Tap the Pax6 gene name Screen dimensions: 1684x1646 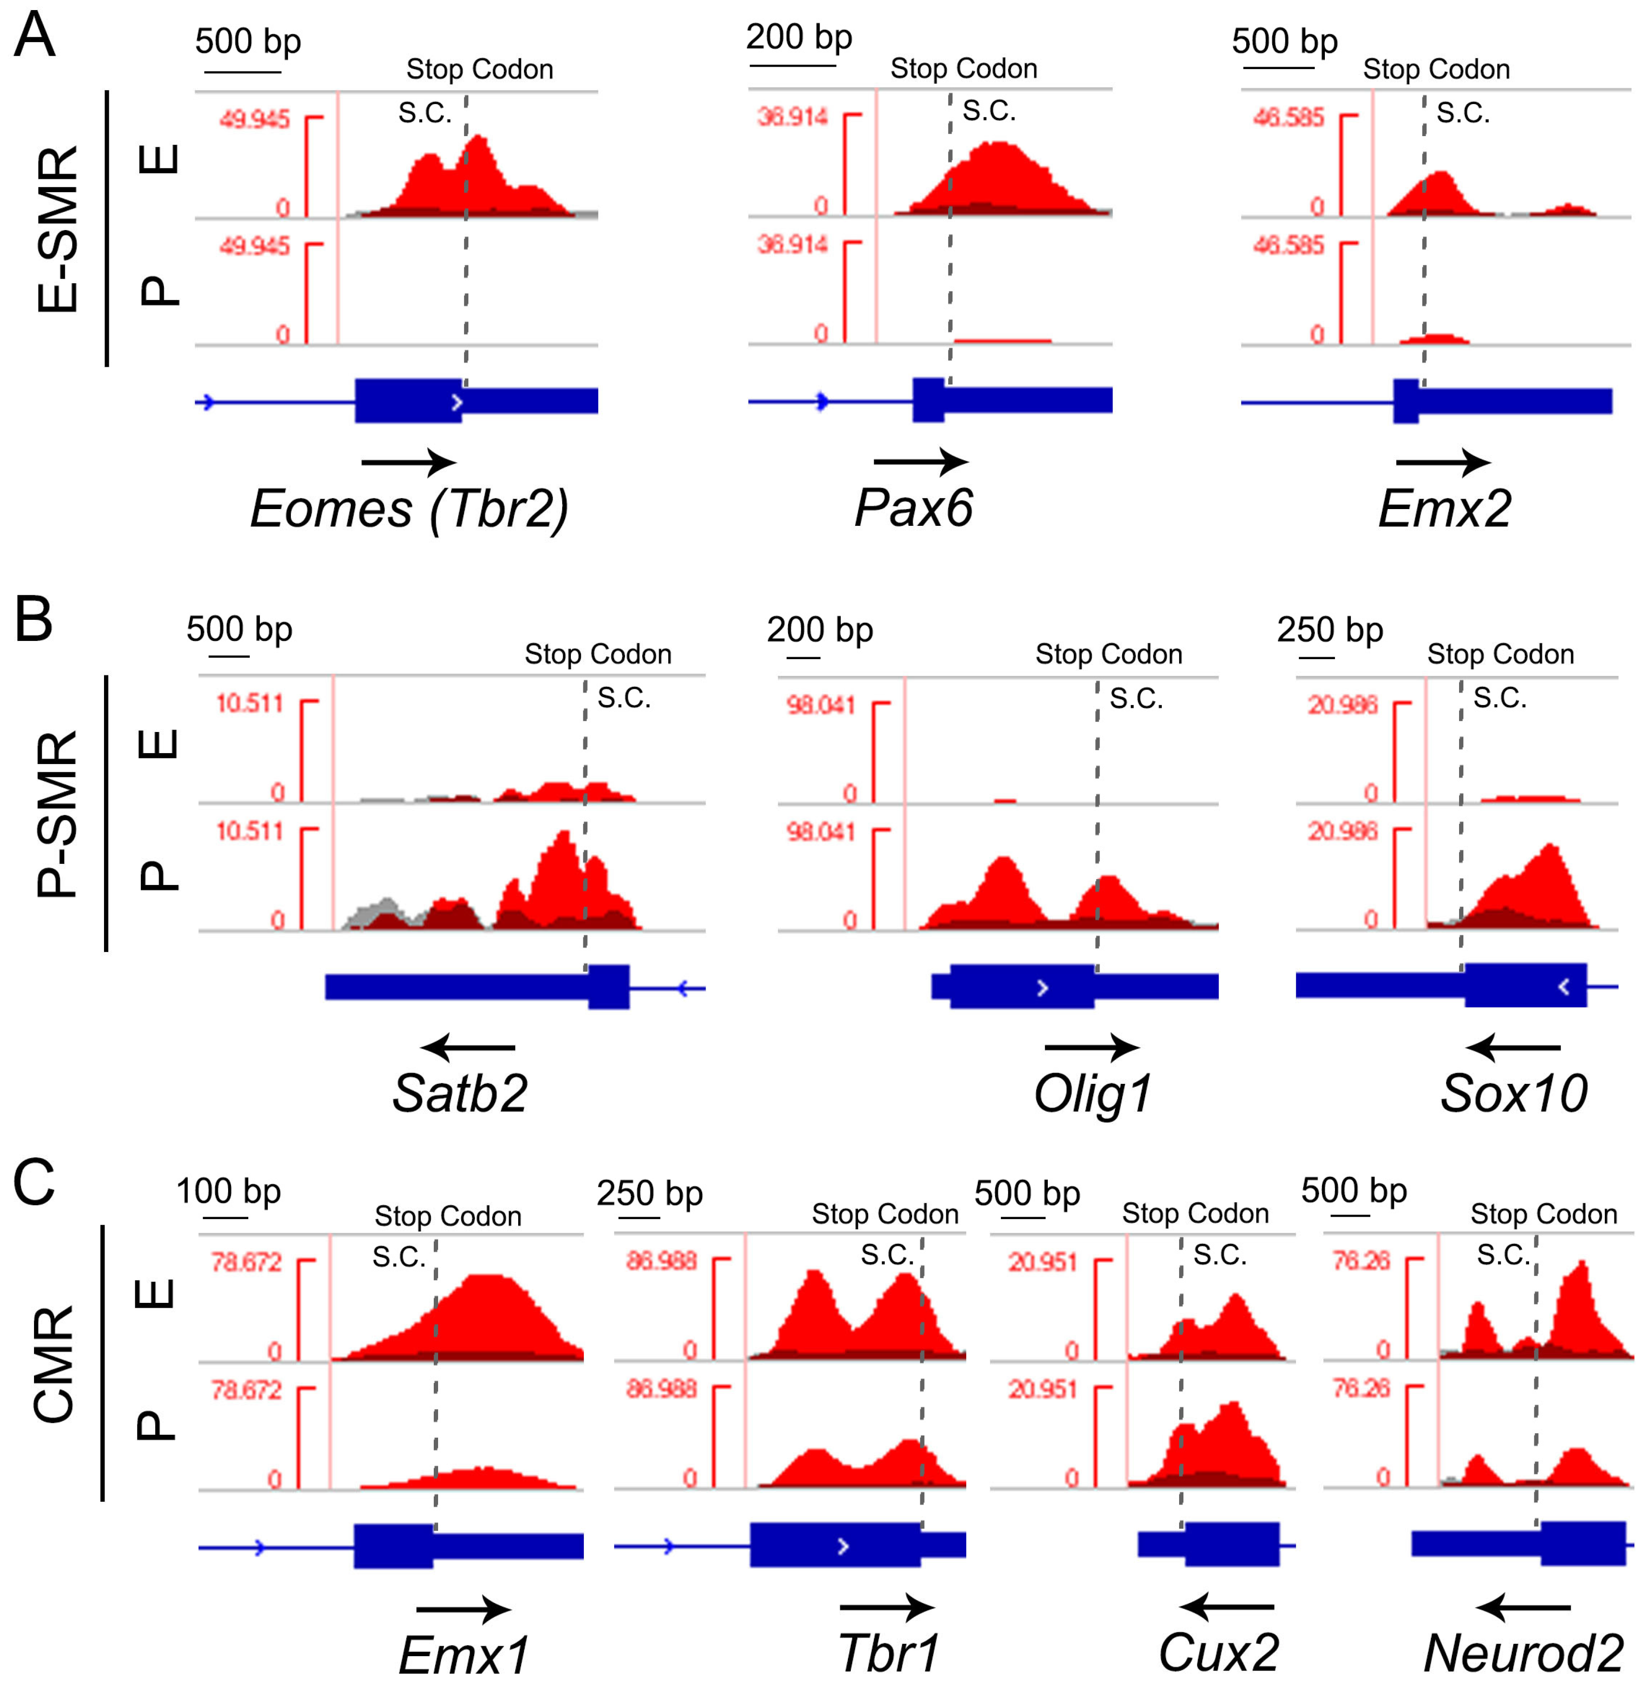(x=913, y=508)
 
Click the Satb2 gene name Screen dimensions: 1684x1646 (x=460, y=1093)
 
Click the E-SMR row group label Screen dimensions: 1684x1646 (x=59, y=229)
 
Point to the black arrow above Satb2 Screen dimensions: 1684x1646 (x=468, y=1048)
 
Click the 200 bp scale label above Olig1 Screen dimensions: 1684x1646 (x=820, y=630)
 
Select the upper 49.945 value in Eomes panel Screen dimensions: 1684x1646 (x=254, y=119)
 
